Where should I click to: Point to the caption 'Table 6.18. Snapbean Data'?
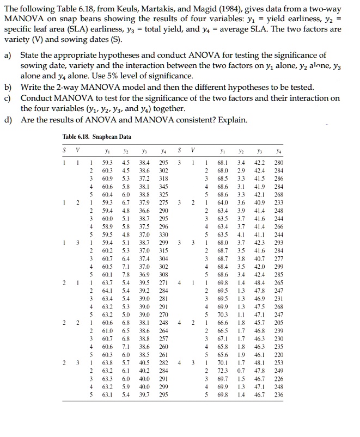tap(96, 136)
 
